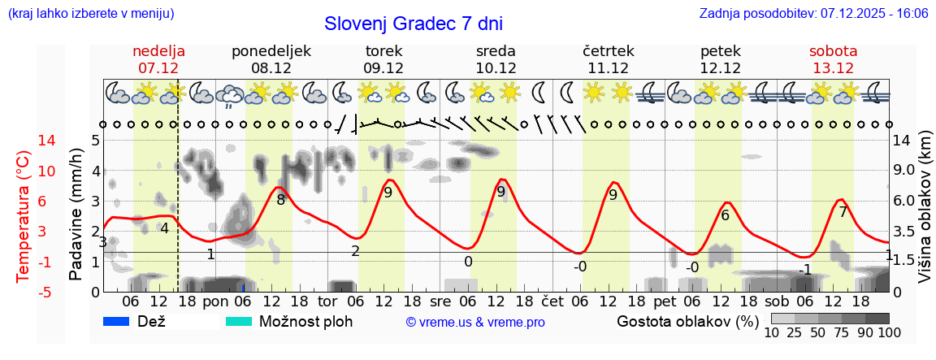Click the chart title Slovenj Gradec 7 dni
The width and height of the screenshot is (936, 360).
tap(414, 24)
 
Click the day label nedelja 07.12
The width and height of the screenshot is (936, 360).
tap(159, 50)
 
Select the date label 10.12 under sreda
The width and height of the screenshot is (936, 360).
tap(496, 67)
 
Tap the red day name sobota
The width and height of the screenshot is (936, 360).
tap(833, 50)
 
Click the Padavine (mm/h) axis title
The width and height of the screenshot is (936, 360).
tap(76, 215)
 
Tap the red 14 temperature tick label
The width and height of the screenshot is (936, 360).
tap(24, 141)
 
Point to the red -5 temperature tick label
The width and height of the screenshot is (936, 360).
tap(24, 292)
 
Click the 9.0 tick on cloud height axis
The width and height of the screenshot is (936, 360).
tap(904, 171)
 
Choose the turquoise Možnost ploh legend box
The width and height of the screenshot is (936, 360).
tap(239, 321)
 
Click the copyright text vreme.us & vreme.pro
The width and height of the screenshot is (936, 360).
tap(475, 323)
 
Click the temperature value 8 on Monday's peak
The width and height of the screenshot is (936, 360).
tap(281, 200)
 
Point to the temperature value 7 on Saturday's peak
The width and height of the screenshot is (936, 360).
tap(843, 213)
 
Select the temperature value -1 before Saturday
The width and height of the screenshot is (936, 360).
tap(805, 269)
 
